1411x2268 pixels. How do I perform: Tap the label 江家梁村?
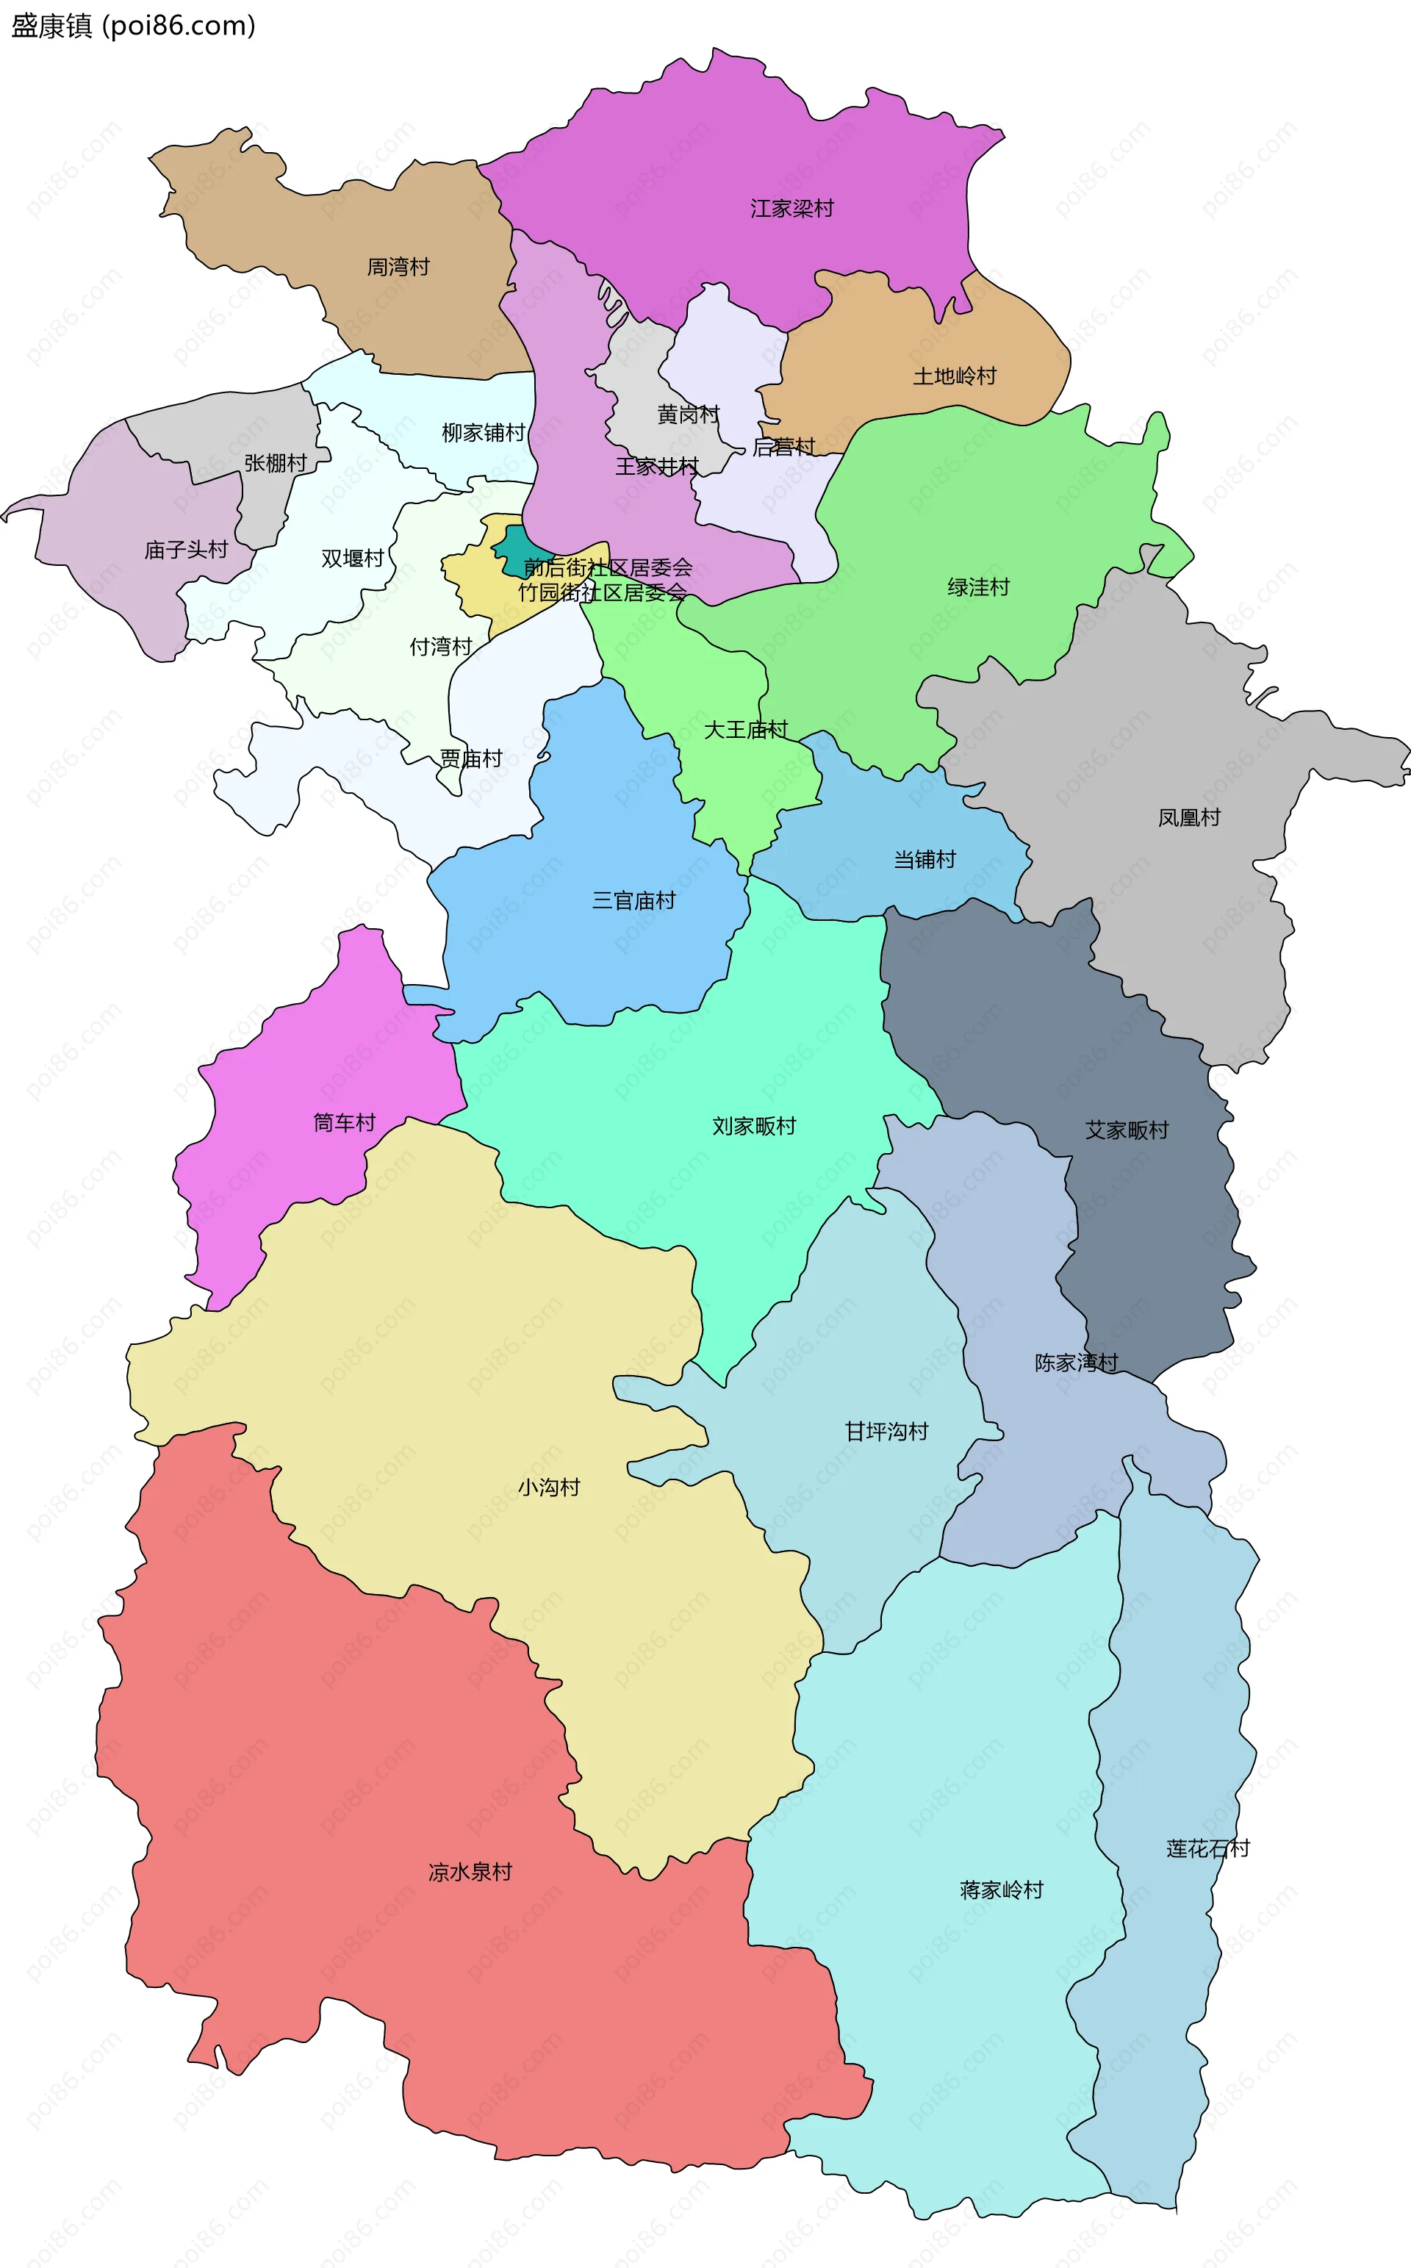point(791,208)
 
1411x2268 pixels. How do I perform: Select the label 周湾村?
point(398,267)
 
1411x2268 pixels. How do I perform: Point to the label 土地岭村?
point(954,376)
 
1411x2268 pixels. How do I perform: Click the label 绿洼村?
point(978,586)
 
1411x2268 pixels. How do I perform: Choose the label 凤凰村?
point(1188,817)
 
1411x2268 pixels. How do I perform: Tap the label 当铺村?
point(924,859)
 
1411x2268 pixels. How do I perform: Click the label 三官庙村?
point(633,900)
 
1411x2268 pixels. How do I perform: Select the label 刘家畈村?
point(753,1126)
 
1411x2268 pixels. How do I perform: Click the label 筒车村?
point(343,1122)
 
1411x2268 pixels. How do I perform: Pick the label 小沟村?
point(549,1487)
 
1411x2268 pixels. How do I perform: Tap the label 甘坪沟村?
point(886,1431)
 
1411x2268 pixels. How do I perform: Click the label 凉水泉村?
point(470,1871)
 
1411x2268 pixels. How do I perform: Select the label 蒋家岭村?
point(1000,1890)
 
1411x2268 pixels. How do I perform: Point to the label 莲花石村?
point(1207,1848)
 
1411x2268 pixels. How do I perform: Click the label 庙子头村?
point(186,550)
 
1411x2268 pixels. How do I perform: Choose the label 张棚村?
point(274,463)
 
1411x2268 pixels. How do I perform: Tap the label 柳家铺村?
point(483,432)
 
